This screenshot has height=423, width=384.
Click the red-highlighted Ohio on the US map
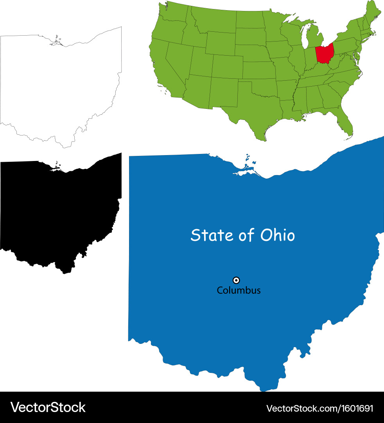point(325,54)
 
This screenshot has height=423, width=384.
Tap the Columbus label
point(239,291)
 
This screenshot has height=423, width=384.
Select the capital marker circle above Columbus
point(236,280)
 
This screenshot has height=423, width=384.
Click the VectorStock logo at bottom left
point(48,407)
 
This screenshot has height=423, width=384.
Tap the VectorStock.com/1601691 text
point(320,408)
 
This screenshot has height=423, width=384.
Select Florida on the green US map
point(344,121)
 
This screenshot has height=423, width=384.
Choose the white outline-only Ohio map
point(59,90)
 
